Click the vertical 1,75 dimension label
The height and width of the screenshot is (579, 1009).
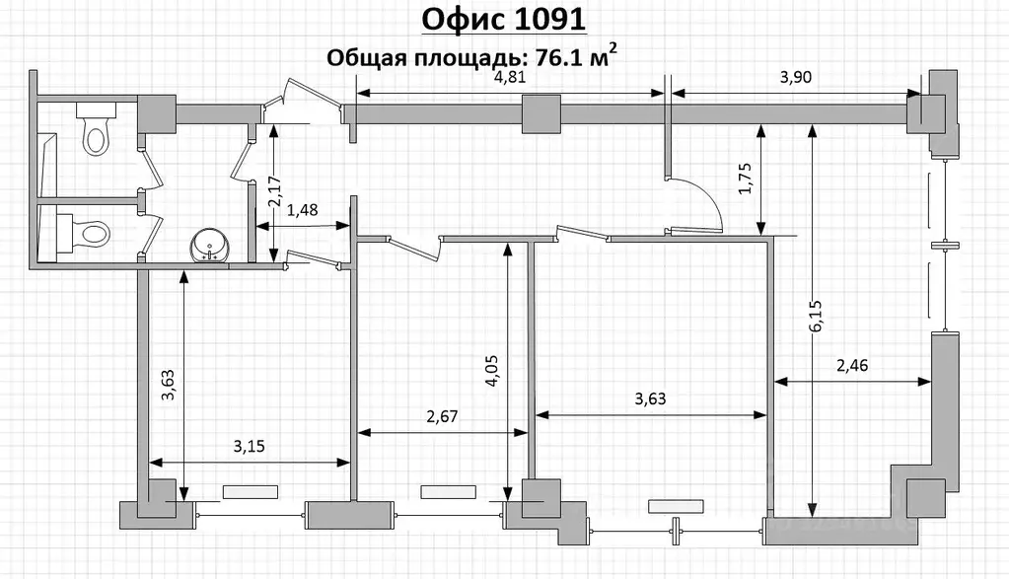coord(746,179)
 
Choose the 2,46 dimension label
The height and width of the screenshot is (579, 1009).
coord(854,367)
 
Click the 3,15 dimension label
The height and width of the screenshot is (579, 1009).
coord(250,447)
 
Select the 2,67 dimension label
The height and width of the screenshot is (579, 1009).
coord(444,417)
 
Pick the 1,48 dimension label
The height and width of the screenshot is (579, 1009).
coord(304,211)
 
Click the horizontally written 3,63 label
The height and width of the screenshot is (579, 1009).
coord(651,399)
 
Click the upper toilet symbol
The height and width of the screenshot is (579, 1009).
coord(94,130)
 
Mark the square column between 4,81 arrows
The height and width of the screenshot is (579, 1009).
coord(540,113)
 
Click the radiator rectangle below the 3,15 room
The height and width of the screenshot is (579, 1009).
coord(251,490)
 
